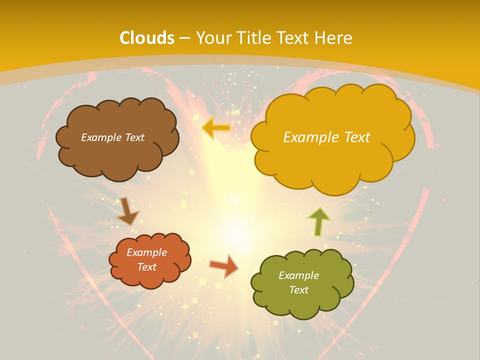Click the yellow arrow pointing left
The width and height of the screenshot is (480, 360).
[216, 128]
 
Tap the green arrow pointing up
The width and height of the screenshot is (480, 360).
[318, 221]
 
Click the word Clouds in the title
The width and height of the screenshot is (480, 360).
[147, 38]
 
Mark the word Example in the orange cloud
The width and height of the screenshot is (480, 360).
[147, 252]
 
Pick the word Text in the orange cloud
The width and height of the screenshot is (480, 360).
[147, 267]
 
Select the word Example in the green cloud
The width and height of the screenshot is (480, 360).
[298, 275]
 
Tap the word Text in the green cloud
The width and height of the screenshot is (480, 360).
[298, 290]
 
